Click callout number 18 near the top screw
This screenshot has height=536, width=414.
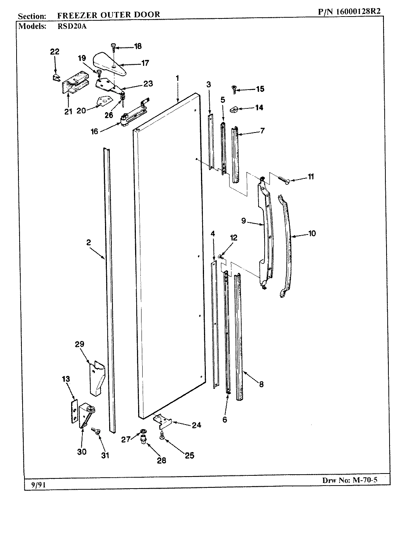[x=137, y=47]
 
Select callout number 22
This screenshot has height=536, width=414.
[x=55, y=52]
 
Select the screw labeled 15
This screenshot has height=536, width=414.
[x=235, y=89]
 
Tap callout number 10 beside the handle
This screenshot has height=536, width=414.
[x=312, y=233]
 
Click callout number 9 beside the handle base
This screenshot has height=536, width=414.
[x=244, y=221]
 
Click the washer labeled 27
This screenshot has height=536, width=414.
[x=143, y=431]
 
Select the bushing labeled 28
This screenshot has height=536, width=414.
[x=143, y=439]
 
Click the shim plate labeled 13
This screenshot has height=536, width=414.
[x=74, y=413]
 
